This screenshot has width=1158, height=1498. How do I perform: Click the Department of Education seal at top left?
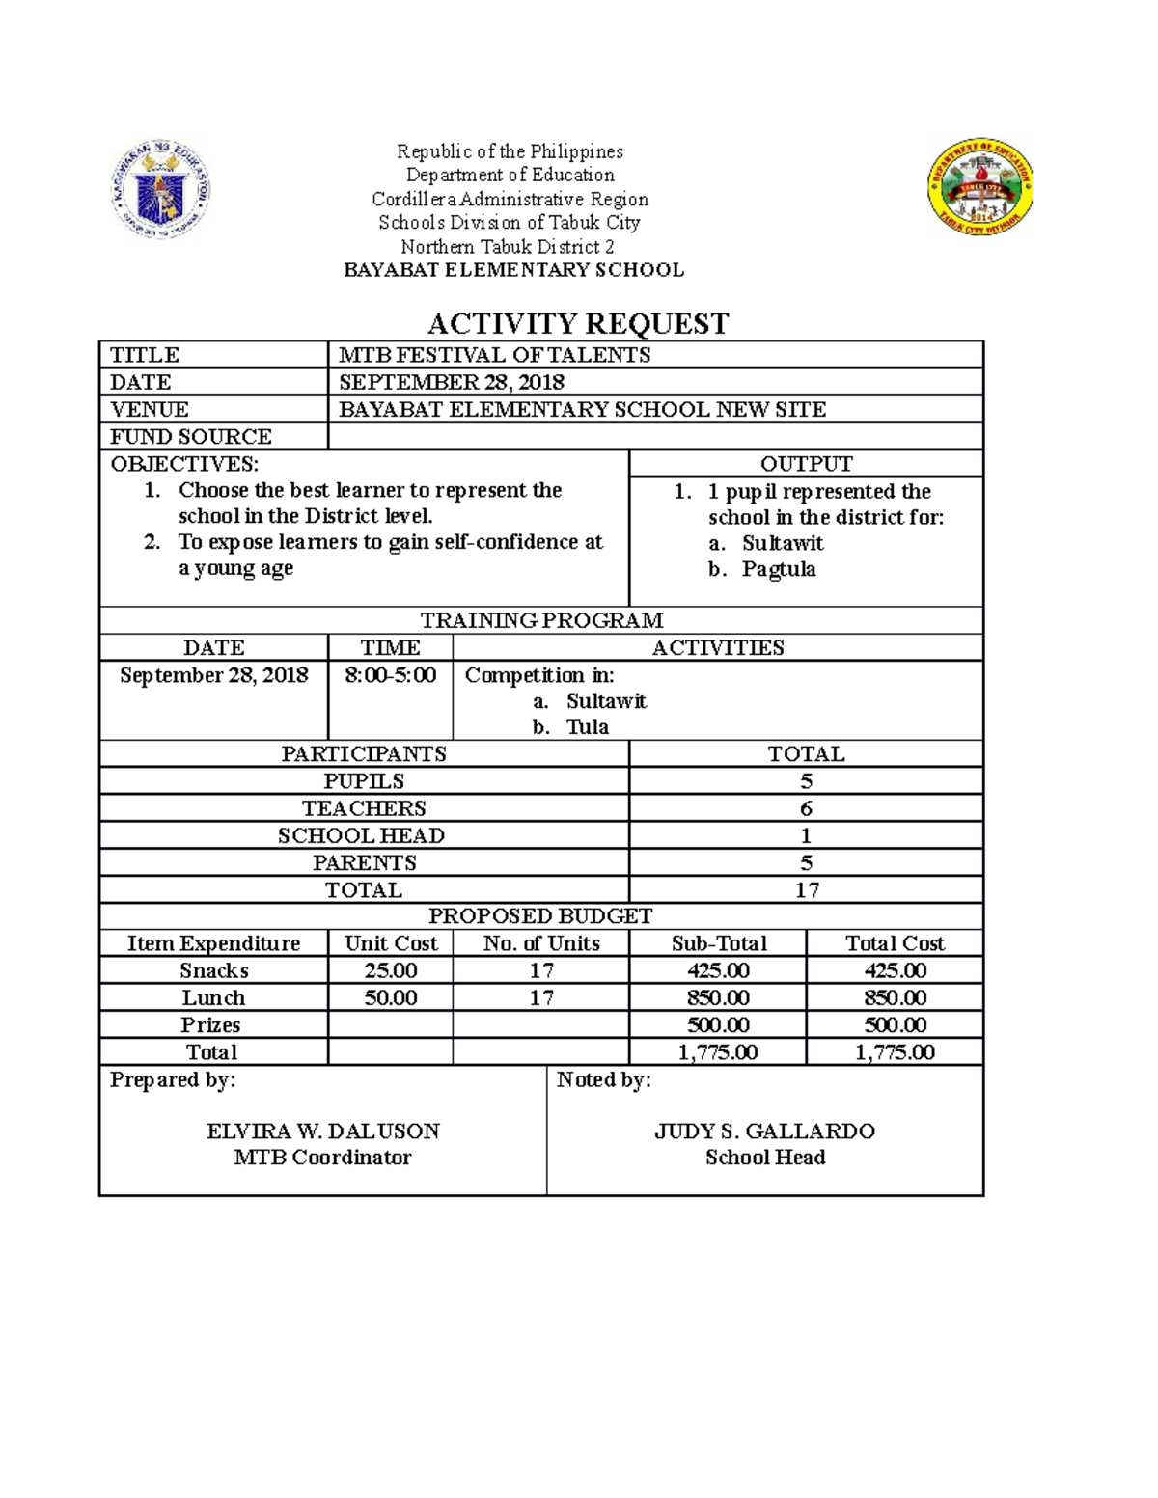[160, 189]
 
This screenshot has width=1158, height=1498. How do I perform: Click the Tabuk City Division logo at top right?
[981, 187]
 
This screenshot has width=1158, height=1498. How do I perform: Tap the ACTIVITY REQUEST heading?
[578, 323]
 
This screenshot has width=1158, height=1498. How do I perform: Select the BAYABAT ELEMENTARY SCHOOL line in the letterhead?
[514, 270]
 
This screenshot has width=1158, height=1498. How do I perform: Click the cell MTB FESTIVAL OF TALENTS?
[495, 355]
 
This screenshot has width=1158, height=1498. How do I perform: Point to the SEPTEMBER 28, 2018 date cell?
[452, 382]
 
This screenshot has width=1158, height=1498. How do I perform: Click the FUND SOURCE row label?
[191, 436]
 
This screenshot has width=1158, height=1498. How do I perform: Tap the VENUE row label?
[150, 409]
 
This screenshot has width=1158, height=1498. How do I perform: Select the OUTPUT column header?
[806, 463]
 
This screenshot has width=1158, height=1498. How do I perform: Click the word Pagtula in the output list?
[779, 569]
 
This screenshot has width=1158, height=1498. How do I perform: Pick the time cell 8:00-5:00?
[390, 675]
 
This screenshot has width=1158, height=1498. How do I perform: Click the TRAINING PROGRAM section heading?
[541, 620]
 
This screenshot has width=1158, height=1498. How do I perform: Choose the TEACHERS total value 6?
[806, 808]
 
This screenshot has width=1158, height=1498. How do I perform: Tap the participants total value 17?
[806, 889]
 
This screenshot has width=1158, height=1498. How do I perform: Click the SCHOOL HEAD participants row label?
[362, 835]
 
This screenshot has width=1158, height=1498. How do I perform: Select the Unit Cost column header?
[391, 943]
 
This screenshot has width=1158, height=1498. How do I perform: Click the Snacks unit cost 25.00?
[391, 970]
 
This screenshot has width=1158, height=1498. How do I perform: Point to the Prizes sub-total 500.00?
[718, 1024]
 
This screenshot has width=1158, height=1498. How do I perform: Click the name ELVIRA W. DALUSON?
[323, 1130]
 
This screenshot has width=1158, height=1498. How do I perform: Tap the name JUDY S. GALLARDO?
[764, 1130]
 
